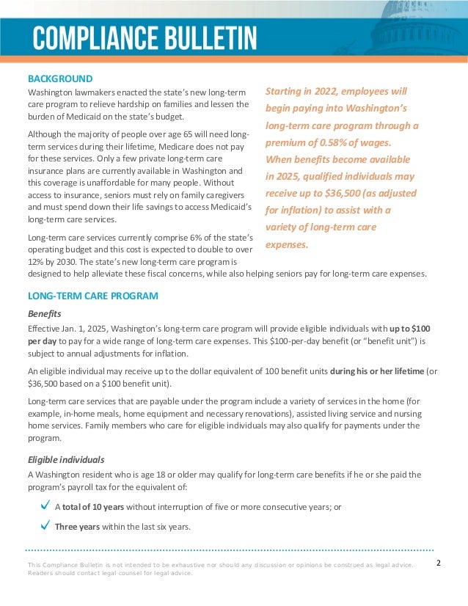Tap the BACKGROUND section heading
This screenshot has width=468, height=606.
(60, 78)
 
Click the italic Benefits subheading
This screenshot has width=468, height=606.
(44, 313)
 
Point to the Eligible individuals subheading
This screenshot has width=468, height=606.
(66, 459)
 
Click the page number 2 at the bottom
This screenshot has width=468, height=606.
(438, 563)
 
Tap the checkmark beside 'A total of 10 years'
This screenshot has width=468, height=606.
(45, 505)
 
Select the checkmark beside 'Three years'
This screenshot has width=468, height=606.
(45, 525)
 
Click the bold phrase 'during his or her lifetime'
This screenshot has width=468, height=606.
(377, 371)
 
